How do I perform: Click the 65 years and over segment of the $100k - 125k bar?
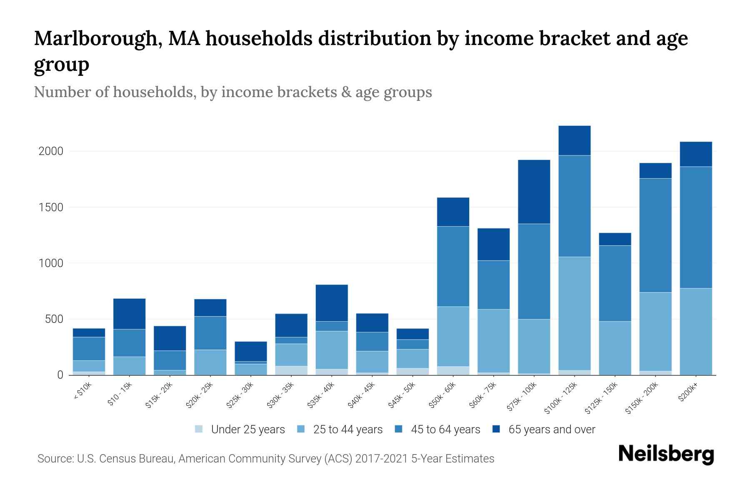click(x=574, y=140)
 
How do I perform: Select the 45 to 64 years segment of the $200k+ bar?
click(x=695, y=227)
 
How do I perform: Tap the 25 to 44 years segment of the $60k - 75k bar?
click(x=493, y=341)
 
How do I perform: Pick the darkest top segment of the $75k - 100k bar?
click(x=534, y=192)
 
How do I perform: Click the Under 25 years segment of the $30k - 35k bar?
click(x=291, y=370)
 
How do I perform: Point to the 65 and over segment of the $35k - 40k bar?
click(x=332, y=303)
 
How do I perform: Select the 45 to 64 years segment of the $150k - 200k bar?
click(x=655, y=235)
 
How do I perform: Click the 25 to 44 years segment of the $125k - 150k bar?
click(x=615, y=348)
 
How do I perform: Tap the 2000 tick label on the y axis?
click(x=51, y=151)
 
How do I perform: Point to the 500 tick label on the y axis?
click(x=54, y=320)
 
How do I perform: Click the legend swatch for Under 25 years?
click(x=199, y=429)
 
